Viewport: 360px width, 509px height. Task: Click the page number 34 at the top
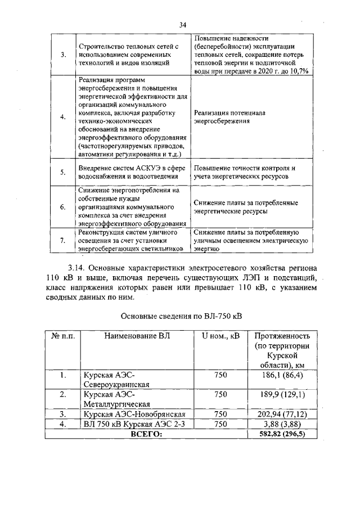coord(182,24)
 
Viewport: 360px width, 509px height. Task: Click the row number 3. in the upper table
coord(63,55)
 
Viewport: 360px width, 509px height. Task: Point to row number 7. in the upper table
coord(63,240)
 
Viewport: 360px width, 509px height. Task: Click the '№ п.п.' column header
coord(63,336)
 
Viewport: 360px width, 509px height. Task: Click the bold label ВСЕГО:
coord(146,434)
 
